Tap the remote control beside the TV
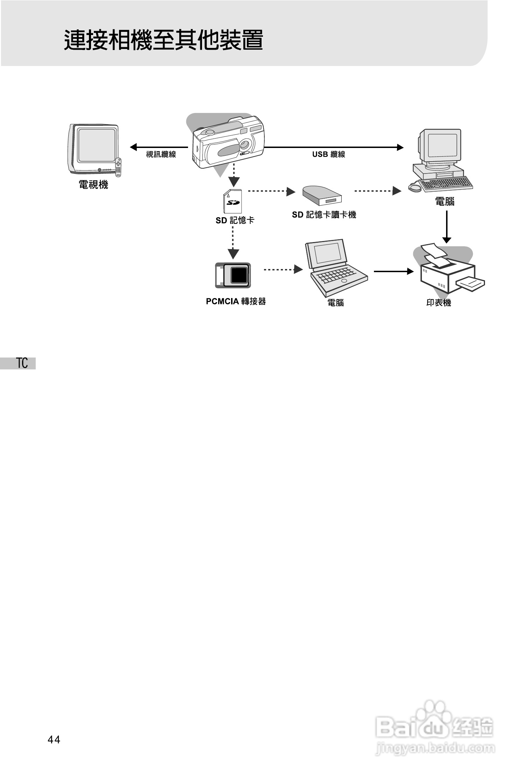[x=118, y=167]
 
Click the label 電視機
[x=93, y=185]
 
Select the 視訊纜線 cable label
[x=161, y=154]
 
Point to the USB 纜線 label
[x=328, y=154]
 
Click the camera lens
[x=245, y=144]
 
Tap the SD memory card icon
[x=232, y=201]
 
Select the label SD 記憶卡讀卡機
[x=324, y=215]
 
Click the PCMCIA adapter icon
[x=233, y=275]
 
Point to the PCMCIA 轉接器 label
[x=236, y=301]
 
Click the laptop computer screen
[x=328, y=253]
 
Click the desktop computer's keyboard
[x=446, y=184]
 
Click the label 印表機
[x=439, y=303]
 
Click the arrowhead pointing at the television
[x=133, y=147]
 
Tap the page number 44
[x=54, y=740]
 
